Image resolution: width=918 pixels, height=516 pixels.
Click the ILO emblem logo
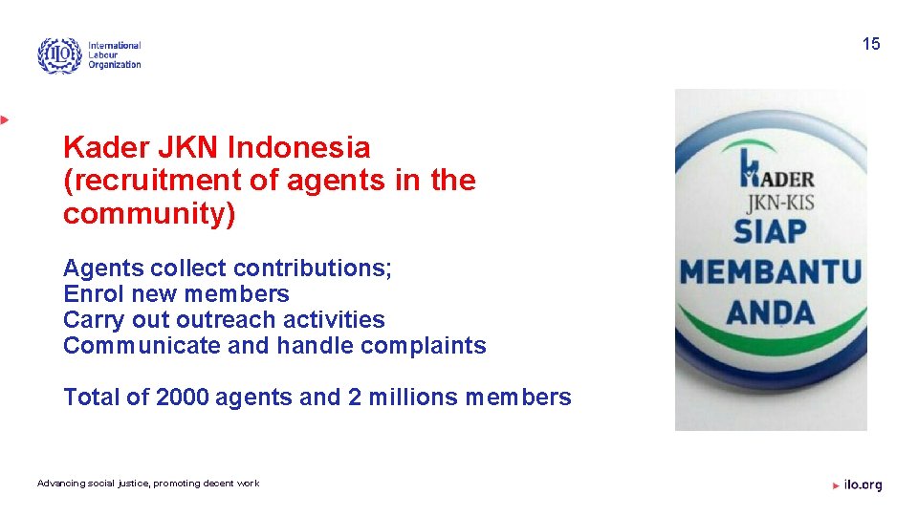[x=59, y=55]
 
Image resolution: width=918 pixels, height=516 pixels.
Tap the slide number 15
[x=870, y=44]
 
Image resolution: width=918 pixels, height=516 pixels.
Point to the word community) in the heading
[x=149, y=213]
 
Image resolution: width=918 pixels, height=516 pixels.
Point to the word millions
[x=413, y=398]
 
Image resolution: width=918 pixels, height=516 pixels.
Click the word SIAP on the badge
[x=771, y=231]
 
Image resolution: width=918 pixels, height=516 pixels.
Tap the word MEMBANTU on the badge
[x=771, y=271]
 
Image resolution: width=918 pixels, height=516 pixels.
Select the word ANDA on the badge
[x=771, y=312]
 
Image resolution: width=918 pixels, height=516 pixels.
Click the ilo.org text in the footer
[x=863, y=485]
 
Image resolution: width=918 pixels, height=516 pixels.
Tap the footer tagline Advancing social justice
[x=148, y=484]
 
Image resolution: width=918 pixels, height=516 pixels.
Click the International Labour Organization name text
[x=114, y=55]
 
